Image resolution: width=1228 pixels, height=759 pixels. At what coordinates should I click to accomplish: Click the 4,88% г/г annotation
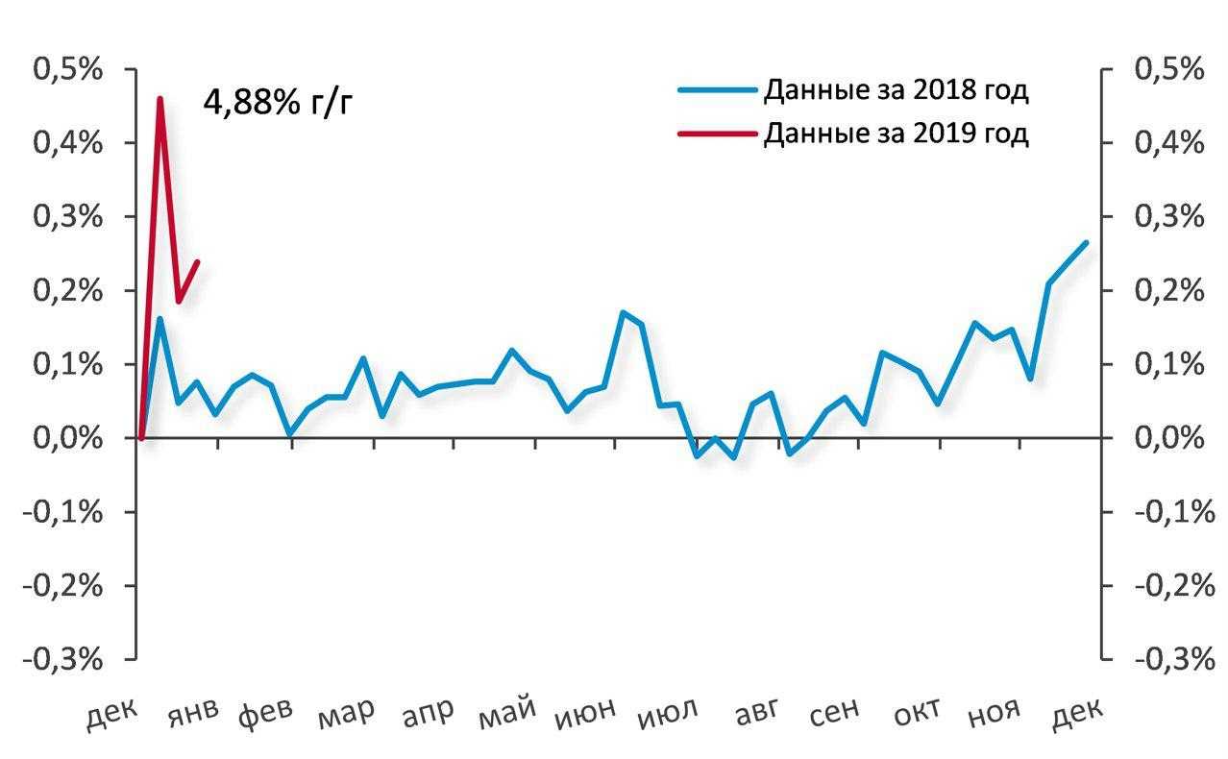(278, 101)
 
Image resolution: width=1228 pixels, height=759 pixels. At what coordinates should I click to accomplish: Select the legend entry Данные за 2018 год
(896, 91)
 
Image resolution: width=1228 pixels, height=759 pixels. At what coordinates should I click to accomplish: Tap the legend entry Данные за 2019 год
(896, 133)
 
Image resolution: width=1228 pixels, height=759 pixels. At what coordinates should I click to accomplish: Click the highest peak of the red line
(160, 98)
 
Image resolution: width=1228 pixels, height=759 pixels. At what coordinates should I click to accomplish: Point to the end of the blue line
(1086, 242)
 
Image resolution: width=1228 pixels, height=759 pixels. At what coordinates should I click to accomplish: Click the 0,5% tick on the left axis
(68, 70)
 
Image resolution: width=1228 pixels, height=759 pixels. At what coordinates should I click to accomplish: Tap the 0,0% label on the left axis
(68, 438)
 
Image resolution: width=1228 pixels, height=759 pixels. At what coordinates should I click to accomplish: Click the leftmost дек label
(113, 716)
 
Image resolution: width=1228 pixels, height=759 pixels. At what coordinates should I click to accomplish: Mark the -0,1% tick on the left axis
(68, 512)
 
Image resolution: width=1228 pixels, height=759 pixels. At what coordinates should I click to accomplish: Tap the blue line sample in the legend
(717, 91)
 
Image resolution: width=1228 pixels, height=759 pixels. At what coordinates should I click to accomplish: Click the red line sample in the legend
(717, 133)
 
